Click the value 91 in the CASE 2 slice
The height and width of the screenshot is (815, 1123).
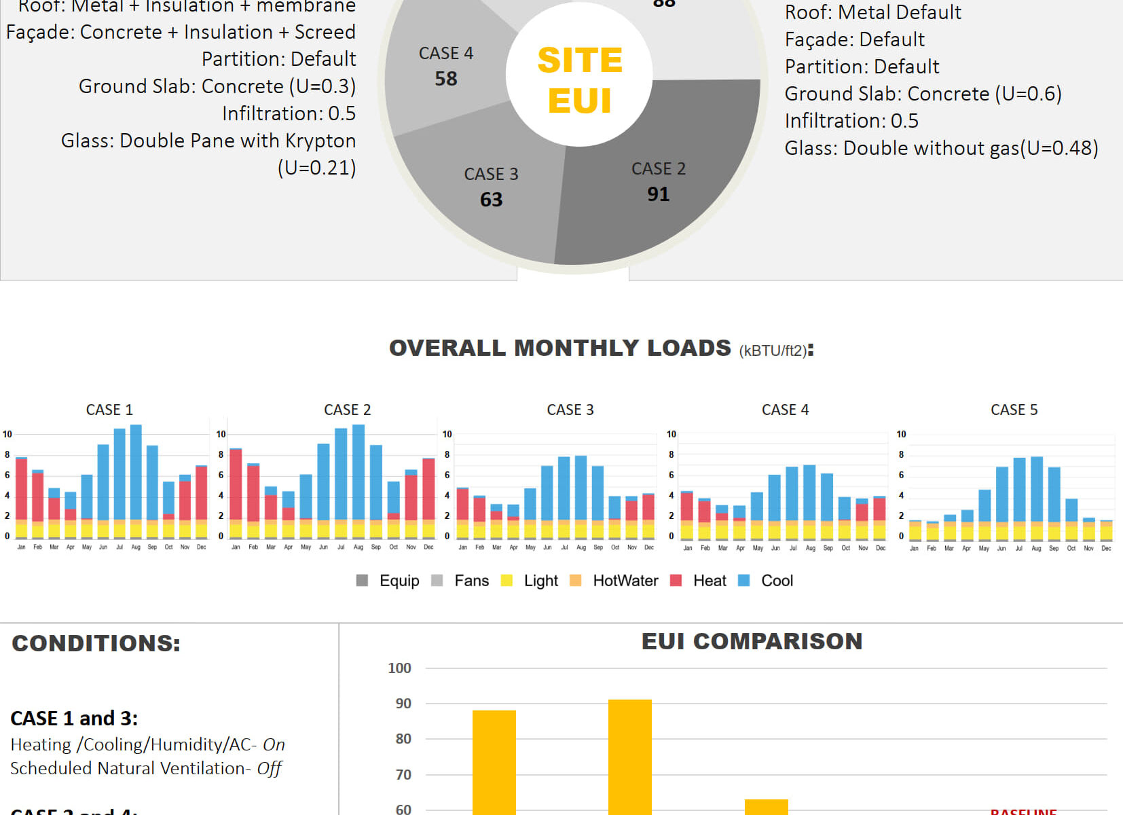[658, 194]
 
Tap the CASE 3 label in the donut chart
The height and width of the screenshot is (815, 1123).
[491, 174]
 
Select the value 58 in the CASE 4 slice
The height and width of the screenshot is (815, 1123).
[446, 79]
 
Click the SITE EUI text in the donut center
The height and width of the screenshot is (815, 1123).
[580, 80]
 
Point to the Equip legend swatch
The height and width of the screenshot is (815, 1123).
[363, 581]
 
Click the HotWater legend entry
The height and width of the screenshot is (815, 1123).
[625, 581]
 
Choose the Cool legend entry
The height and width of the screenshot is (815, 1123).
[777, 581]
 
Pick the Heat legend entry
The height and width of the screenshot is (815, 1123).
[709, 581]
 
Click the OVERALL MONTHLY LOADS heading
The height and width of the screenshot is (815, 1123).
[559, 348]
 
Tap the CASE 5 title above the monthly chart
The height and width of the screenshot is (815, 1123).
[1014, 410]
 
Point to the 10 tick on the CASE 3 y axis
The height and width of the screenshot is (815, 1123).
[447, 434]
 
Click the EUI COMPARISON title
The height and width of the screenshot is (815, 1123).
[752, 641]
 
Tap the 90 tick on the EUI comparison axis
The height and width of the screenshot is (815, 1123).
[403, 704]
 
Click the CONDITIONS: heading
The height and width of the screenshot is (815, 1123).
[96, 643]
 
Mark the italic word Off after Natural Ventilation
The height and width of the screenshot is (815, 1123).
[269, 768]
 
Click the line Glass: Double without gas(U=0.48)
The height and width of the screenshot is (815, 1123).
[941, 148]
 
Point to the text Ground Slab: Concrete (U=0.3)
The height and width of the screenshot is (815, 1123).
[217, 86]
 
